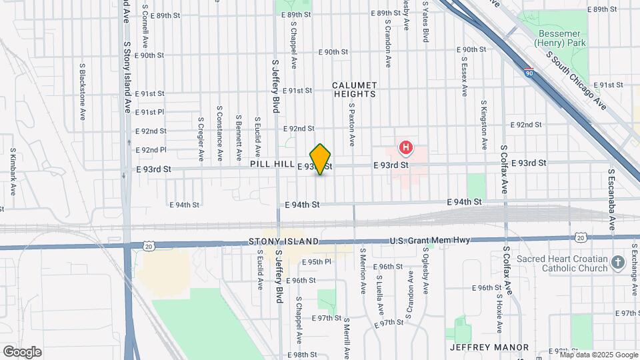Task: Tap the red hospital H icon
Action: (405, 147)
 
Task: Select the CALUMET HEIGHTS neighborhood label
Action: (355, 90)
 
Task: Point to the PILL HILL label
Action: (271, 164)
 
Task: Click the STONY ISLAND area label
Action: (283, 241)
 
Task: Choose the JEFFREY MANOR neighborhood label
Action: (489, 347)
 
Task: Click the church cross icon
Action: (617, 263)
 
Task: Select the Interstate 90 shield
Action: (528, 71)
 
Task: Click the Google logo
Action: (22, 352)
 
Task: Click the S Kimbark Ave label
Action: (13, 173)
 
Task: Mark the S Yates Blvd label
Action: (425, 21)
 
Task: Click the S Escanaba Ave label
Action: (611, 191)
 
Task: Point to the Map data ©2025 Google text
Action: (597, 355)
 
